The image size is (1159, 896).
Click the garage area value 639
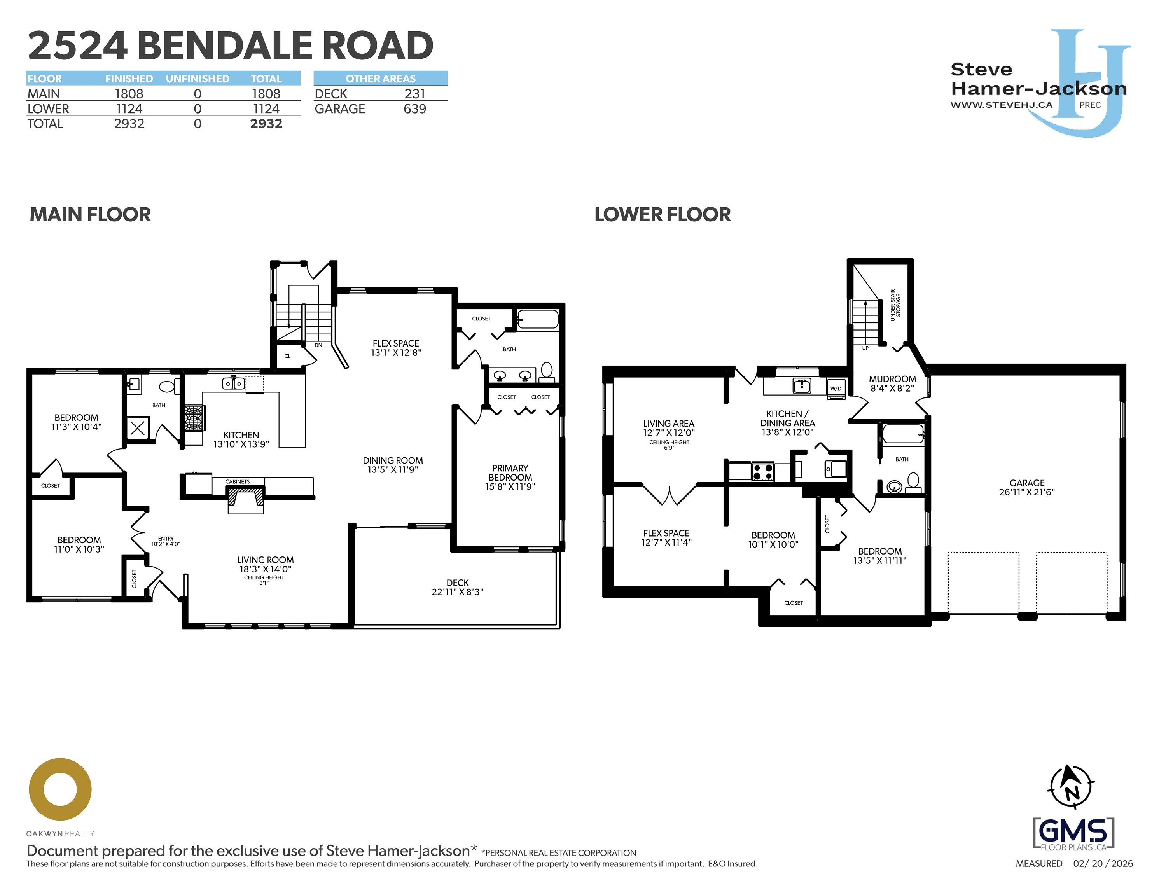414,109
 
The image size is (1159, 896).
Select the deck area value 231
414,94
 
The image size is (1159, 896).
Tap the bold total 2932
266,124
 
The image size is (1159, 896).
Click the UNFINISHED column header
198,79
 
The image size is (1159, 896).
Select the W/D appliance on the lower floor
836,388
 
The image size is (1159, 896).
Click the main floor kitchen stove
194,418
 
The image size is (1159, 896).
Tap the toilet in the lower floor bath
913,482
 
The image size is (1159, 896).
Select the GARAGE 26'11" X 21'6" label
1026,487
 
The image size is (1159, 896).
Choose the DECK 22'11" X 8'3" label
458,587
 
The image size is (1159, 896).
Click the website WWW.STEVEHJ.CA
1001,105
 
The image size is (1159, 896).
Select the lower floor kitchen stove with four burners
762,471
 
